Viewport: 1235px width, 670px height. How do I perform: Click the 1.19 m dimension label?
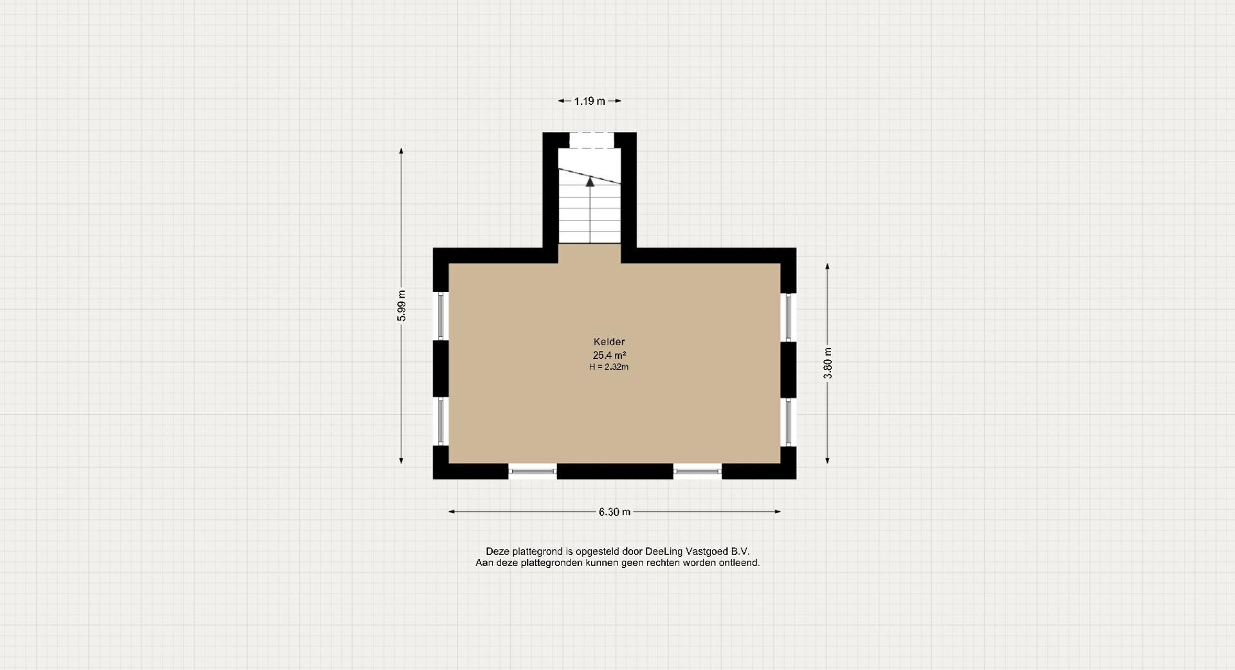(590, 101)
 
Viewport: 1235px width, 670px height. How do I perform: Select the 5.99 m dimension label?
(401, 305)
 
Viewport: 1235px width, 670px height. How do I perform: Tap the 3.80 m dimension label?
(828, 363)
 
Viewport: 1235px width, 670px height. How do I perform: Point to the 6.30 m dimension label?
(614, 512)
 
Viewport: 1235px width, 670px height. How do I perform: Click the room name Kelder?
(609, 342)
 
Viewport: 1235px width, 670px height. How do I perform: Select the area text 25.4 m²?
(609, 355)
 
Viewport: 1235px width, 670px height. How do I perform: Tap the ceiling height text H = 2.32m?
(608, 367)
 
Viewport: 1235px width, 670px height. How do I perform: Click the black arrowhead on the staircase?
(590, 181)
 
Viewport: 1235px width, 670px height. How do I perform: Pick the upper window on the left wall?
(441, 316)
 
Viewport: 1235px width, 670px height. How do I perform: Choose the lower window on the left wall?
(441, 421)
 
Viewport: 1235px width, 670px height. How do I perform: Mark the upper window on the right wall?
(789, 316)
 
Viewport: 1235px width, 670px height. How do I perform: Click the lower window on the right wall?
(789, 421)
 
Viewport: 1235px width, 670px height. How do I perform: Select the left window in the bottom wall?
(533, 471)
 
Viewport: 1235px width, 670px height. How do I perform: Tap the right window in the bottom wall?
(698, 471)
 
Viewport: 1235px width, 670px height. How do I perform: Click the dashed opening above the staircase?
(592, 140)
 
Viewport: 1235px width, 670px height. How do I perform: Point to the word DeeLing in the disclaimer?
(664, 552)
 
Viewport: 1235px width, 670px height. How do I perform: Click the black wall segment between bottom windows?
(615, 471)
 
